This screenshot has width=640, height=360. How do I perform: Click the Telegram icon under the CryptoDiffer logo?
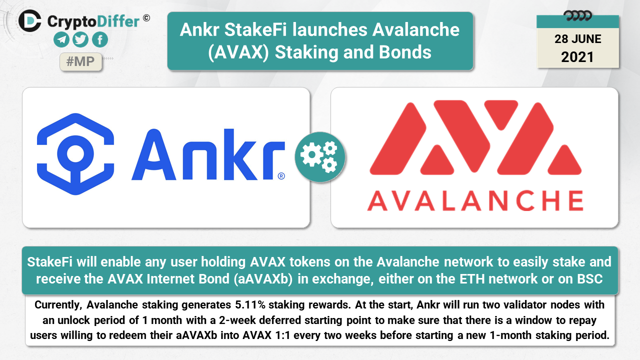(x=61, y=39)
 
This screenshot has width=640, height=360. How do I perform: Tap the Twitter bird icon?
(x=80, y=39)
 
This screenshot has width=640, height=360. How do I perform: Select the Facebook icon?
(x=100, y=39)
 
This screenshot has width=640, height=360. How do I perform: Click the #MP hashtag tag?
(x=80, y=61)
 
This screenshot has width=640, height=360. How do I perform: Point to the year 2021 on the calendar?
(x=577, y=57)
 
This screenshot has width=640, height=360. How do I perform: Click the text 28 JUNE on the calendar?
(x=577, y=39)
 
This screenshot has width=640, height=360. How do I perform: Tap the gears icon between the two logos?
(x=319, y=157)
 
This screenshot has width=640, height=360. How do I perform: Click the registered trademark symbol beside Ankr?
(x=281, y=176)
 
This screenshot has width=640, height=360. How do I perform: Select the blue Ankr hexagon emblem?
(x=75, y=154)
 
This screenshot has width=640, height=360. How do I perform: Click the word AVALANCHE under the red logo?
(x=475, y=201)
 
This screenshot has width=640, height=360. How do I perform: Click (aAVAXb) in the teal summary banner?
(x=263, y=279)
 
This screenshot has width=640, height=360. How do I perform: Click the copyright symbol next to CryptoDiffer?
(x=146, y=18)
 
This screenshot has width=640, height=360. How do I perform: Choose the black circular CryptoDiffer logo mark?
(x=29, y=20)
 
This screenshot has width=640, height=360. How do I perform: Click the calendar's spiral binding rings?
(x=577, y=16)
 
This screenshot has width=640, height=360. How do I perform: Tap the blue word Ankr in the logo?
(x=208, y=154)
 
